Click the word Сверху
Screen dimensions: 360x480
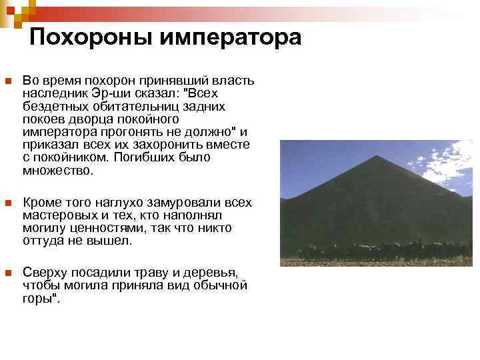click(43, 273)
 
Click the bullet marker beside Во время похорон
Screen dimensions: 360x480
click(7, 81)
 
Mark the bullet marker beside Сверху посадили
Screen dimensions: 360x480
click(7, 273)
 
